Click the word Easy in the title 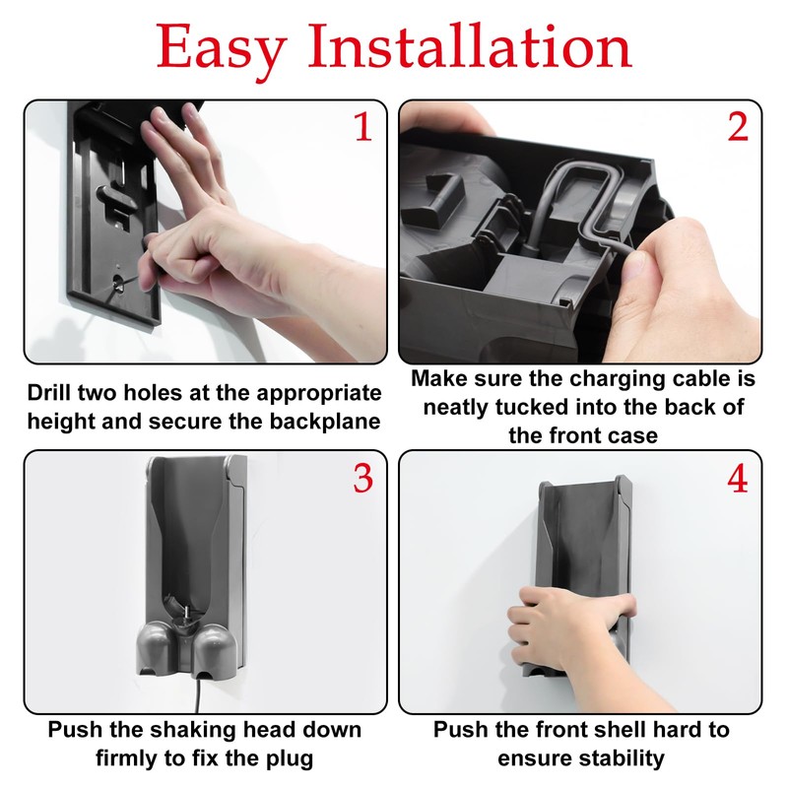(222, 47)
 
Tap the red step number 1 (362, 127)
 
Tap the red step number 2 (738, 127)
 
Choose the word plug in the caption (290, 757)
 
